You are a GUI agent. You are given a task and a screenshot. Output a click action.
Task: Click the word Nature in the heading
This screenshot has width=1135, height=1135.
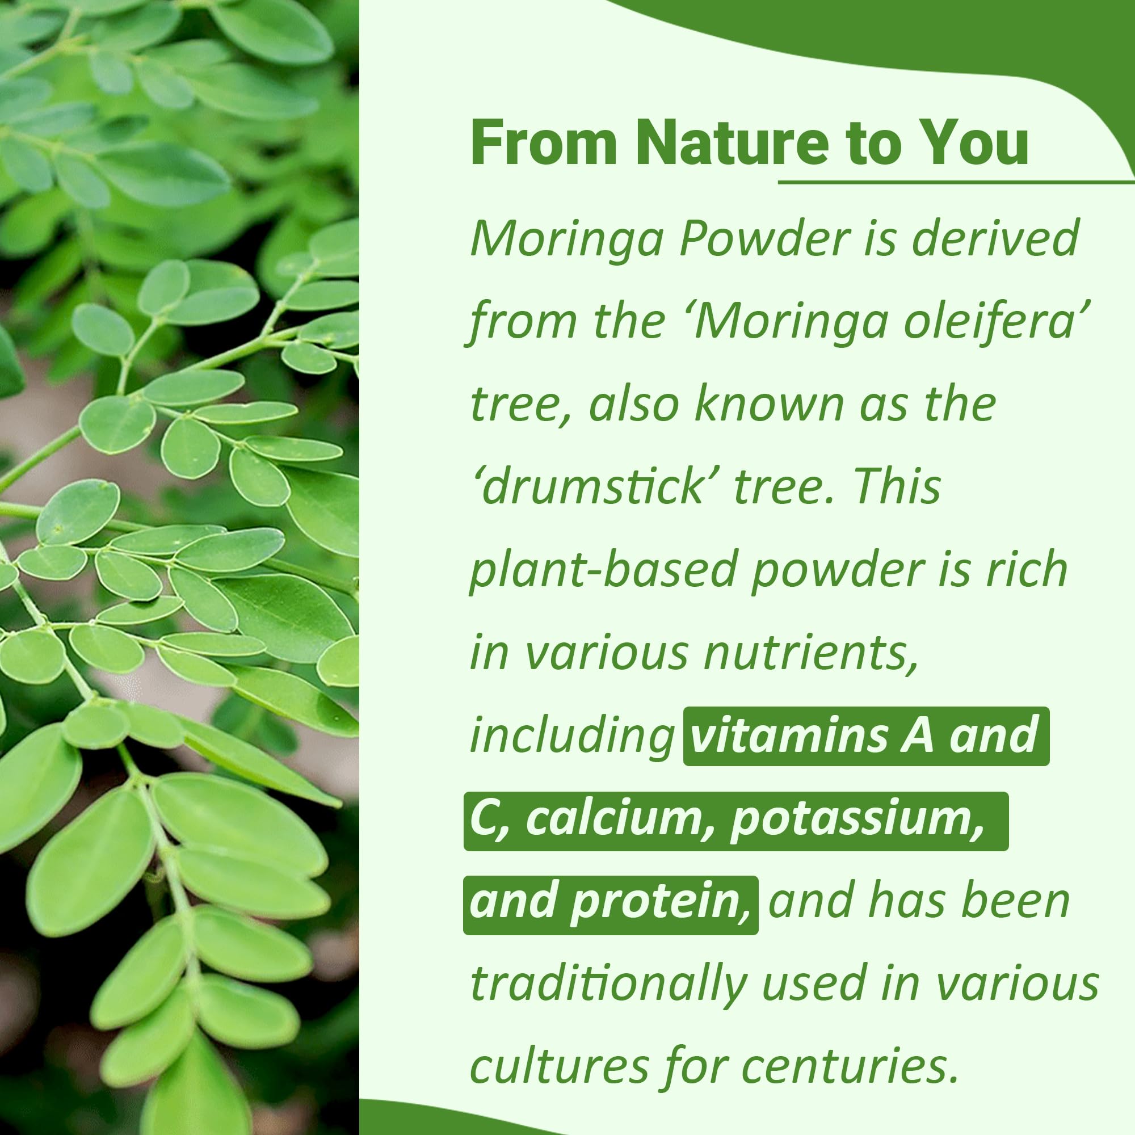click(x=732, y=144)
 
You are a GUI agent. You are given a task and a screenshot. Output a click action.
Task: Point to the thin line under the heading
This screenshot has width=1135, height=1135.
click(x=956, y=182)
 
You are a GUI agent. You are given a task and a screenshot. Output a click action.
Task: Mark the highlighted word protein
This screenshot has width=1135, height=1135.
click(x=662, y=903)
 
